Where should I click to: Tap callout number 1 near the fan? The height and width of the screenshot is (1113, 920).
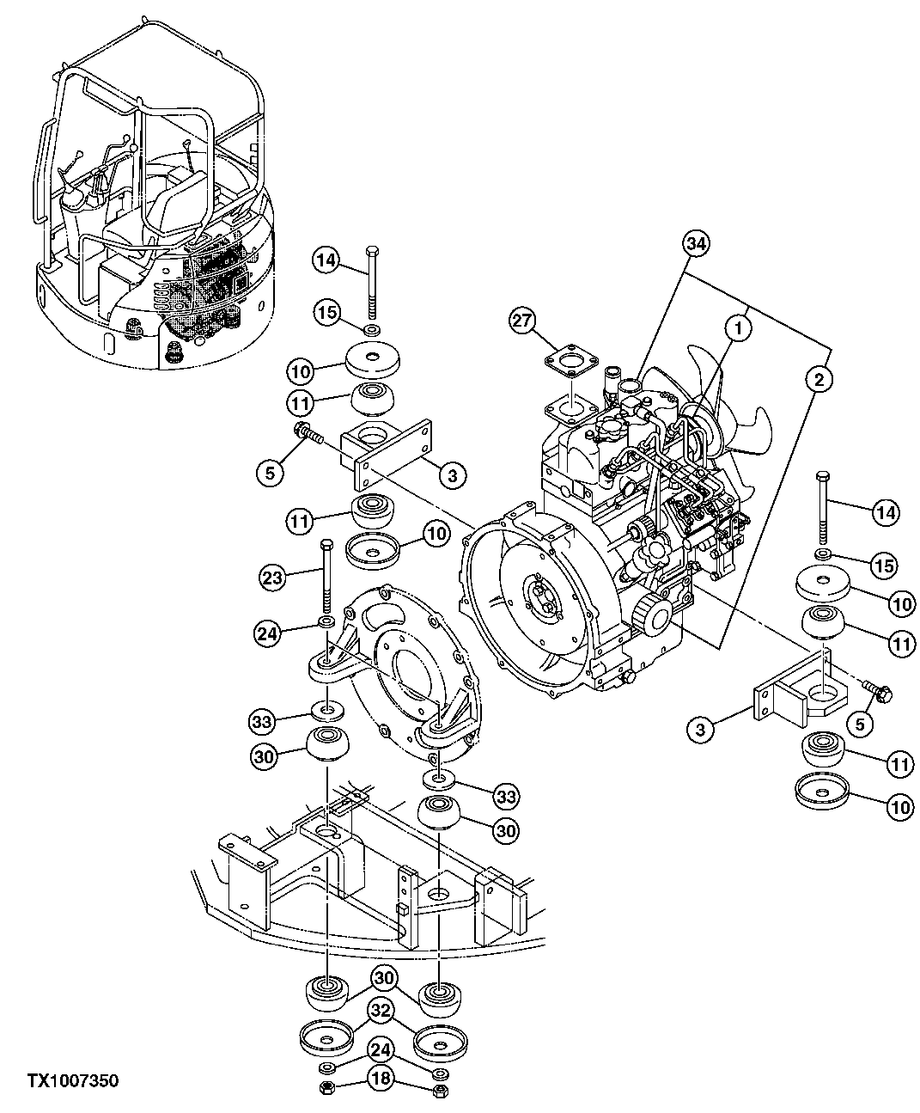tap(735, 327)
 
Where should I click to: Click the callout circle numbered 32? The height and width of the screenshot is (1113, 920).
tap(382, 1012)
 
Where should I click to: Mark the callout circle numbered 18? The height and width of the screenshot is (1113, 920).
tap(382, 1078)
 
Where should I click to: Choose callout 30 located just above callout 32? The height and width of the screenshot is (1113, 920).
tap(382, 978)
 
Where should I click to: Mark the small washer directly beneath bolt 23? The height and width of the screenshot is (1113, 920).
tap(327, 621)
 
